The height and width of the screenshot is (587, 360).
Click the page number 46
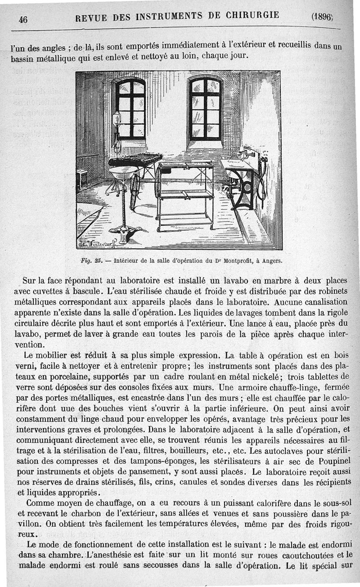click(x=23, y=19)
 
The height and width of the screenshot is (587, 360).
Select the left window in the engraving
click(x=130, y=109)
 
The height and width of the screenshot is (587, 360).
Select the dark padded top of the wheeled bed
click(x=135, y=160)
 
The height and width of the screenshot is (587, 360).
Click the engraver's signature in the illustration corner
click(x=97, y=244)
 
